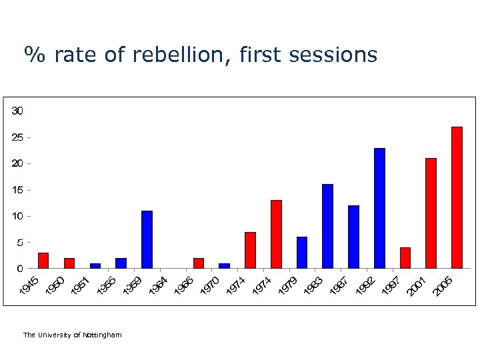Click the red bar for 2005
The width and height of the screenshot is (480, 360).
[457, 198]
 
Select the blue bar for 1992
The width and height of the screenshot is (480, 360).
[379, 209]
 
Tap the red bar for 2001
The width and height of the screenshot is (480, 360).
[431, 213]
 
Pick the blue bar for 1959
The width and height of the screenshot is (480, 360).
[147, 240]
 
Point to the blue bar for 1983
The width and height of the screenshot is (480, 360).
[327, 227]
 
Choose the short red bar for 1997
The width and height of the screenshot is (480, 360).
[405, 258]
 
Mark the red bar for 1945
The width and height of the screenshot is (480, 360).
[43, 261]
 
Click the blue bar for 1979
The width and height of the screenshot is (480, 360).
[302, 253]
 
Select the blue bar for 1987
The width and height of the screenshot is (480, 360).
[353, 237]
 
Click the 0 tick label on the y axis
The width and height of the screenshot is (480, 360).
[20, 269]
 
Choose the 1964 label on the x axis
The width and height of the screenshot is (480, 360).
[159, 287]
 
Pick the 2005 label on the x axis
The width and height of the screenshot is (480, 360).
[443, 287]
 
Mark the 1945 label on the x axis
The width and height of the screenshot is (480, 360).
[30, 287]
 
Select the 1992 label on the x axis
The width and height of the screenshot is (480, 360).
[365, 287]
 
